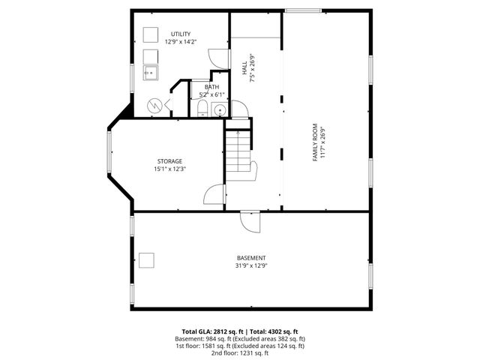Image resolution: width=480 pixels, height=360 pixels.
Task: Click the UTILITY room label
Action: (x=180, y=34)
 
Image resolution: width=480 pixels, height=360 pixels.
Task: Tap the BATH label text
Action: (x=201, y=87)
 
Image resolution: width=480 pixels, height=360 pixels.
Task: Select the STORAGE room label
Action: (x=169, y=161)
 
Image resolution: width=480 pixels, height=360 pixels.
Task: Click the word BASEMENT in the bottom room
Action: (x=251, y=258)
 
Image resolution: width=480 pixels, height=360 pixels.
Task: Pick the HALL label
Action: (x=244, y=67)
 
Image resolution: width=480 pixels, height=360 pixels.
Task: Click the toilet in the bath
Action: (x=202, y=110)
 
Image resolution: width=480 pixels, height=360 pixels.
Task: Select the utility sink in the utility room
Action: (x=150, y=73)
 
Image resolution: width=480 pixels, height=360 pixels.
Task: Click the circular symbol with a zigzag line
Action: (x=154, y=106)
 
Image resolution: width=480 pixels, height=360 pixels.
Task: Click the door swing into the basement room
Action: (x=250, y=221)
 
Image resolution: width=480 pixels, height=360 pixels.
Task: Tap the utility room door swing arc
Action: (x=217, y=58)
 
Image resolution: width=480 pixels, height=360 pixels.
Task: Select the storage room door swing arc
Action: (x=214, y=193)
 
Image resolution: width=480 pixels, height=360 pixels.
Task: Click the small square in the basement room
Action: (x=147, y=259)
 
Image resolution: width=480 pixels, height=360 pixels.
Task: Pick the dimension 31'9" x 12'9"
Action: (x=251, y=265)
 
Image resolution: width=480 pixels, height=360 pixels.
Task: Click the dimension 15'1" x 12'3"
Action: (x=169, y=169)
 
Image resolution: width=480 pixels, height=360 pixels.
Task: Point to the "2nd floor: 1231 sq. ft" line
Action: (x=239, y=352)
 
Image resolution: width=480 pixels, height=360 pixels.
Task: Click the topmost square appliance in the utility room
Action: (x=150, y=33)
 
